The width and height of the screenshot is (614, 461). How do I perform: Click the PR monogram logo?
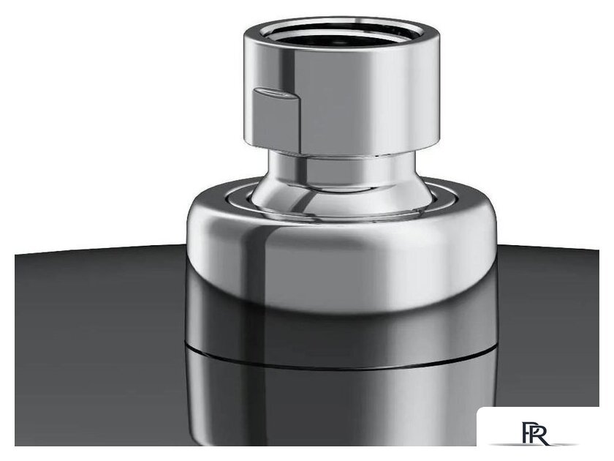coord(535,432)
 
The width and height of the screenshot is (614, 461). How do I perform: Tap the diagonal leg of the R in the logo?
coord(542,438)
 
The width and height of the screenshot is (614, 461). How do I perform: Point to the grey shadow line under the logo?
coord(534,445)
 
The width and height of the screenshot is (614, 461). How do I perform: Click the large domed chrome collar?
coord(341,255)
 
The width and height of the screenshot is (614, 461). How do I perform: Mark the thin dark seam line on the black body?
coord(341,361)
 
